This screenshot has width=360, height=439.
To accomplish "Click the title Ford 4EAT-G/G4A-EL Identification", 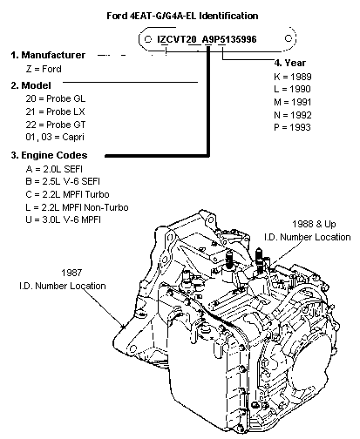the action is point(182,16).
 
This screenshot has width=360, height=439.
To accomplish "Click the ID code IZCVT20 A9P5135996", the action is point(207,39).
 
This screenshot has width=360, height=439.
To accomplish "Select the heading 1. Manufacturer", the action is point(48,55).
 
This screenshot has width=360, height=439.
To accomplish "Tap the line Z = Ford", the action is point(44,69).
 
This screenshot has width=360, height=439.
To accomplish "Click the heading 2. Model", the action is point(31,85).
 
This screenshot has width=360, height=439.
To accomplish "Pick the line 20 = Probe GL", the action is point(56,98).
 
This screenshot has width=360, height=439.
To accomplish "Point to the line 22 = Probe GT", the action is point(56,125).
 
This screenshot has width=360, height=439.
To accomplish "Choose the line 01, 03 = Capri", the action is point(55,137).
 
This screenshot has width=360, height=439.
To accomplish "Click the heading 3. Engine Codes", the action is point(49,155).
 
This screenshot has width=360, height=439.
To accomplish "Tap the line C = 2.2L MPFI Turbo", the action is point(67,194).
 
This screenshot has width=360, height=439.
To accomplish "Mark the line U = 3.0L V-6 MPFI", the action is point(63,219).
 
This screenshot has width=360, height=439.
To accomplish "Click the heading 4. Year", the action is point(290,63).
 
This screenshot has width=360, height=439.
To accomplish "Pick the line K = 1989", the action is point(293,77).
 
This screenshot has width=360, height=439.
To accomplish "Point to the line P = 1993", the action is point(292,127).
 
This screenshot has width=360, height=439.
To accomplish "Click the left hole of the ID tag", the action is point(147,39).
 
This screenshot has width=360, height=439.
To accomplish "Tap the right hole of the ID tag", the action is point(288,38).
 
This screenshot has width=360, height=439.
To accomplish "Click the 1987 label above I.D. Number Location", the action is point(71,273).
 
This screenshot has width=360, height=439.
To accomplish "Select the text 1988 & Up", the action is point(314,224).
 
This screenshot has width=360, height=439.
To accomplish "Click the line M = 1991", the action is point(293,102).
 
